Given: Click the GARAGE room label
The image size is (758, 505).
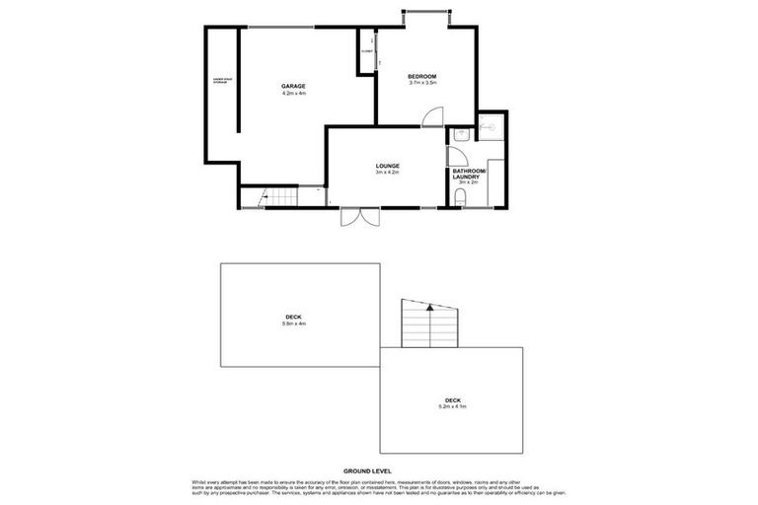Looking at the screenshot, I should tap(293, 86).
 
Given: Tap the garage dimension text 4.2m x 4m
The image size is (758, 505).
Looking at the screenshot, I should tap(293, 94).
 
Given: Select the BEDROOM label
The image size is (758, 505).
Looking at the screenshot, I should tap(422, 76).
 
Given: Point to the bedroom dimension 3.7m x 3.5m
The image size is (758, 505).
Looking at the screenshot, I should tap(422, 84).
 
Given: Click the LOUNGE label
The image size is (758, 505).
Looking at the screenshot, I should tap(386, 165).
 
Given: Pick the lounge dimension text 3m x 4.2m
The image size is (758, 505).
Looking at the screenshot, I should tap(386, 173).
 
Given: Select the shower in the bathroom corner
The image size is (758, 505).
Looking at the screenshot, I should tap(491, 126).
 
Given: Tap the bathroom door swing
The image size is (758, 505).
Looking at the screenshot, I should tap(455, 156).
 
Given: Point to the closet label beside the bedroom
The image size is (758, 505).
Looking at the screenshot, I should tap(366, 50).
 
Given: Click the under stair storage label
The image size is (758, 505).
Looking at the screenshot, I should tap(220, 80).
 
